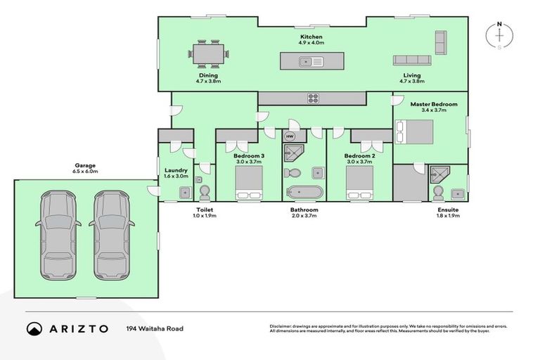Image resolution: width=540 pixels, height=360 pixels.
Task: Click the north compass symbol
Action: point(499,35)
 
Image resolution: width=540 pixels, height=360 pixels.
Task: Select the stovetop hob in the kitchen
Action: point(312,98)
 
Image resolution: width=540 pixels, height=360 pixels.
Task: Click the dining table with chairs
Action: point(208,53)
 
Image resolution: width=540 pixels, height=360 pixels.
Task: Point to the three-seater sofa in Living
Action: point(415,60)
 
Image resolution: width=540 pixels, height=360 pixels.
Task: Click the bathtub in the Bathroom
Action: point(304,192)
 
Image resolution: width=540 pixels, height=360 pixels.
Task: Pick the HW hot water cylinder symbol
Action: point(290,136)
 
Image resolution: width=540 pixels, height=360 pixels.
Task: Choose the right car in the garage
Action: point(112,231)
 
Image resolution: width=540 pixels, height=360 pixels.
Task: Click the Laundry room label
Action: point(175,170)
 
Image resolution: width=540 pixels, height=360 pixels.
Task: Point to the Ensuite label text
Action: point(448,210)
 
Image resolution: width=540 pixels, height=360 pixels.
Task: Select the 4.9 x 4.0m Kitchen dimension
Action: point(311,43)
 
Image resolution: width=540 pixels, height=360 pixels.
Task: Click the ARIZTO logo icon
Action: point(34,328)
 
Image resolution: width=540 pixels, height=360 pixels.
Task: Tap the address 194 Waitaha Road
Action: point(155,328)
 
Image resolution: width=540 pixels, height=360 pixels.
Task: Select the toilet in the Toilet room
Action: point(205,192)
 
